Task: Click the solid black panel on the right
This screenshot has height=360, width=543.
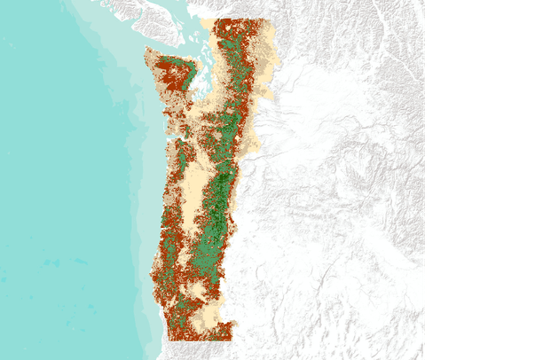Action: point(484,177)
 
